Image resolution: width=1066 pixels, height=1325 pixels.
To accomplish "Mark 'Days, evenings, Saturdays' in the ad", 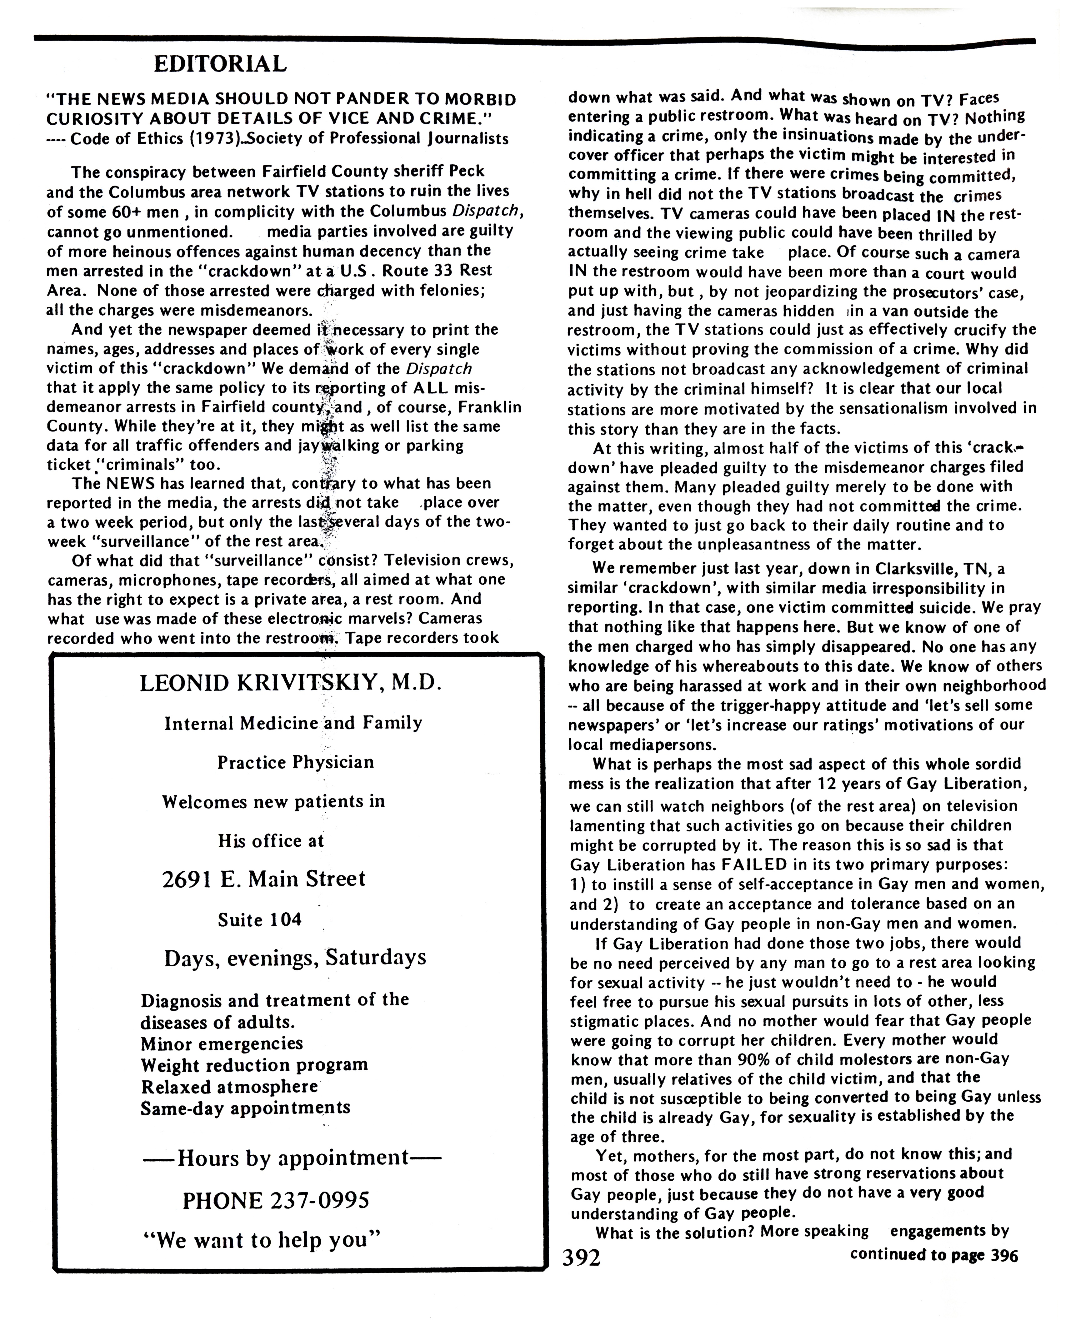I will point(295,958).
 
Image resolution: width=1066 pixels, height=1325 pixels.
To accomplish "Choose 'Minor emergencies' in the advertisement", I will point(222,1044).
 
